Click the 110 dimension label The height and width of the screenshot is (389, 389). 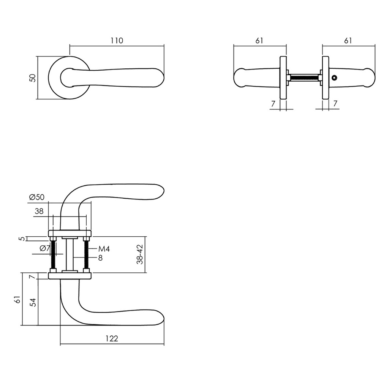117,41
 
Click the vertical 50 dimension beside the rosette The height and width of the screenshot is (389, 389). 33,78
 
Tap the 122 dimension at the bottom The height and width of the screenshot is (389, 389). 112,338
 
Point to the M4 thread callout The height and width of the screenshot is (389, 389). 104,249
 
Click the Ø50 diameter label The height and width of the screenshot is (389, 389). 37,197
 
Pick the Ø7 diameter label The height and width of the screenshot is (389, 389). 45,249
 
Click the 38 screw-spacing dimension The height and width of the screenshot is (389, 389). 39,212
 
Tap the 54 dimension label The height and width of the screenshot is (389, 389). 33,303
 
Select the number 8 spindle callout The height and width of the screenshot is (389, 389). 100,258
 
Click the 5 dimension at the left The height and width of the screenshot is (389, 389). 22,239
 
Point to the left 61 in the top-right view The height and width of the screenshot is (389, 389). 259,41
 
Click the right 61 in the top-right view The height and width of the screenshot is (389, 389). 348,41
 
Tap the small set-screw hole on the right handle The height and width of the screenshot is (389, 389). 334,78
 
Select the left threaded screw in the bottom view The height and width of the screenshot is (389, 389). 53,254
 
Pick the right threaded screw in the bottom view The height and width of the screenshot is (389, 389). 86,254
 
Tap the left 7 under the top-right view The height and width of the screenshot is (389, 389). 273,104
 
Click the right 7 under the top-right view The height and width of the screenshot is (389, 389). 335,104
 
